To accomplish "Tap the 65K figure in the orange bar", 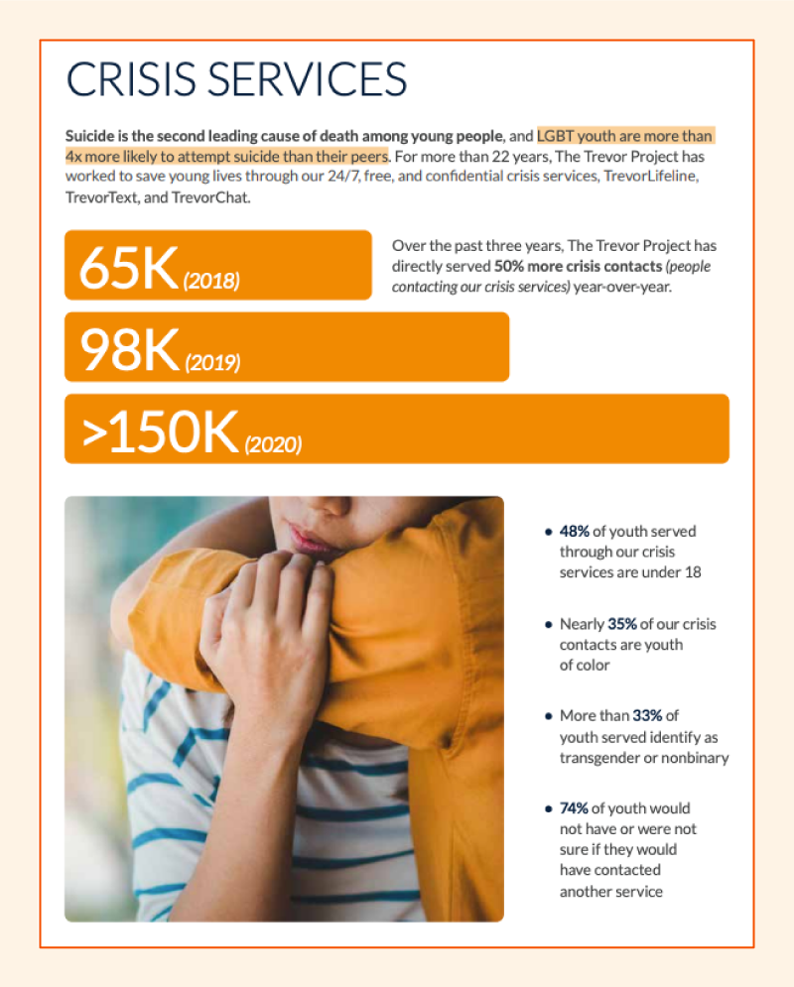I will click(x=128, y=267).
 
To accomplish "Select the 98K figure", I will click(x=129, y=349).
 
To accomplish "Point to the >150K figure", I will click(x=160, y=432).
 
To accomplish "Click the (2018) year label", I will click(x=211, y=281).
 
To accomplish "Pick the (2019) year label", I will click(x=212, y=363).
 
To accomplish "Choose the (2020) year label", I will click(x=273, y=445).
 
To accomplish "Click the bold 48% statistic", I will click(x=574, y=531).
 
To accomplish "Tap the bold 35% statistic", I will click(x=622, y=624).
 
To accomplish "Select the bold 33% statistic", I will click(x=648, y=715).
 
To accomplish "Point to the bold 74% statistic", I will click(x=574, y=807).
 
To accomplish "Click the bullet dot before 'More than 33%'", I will click(x=548, y=715).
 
